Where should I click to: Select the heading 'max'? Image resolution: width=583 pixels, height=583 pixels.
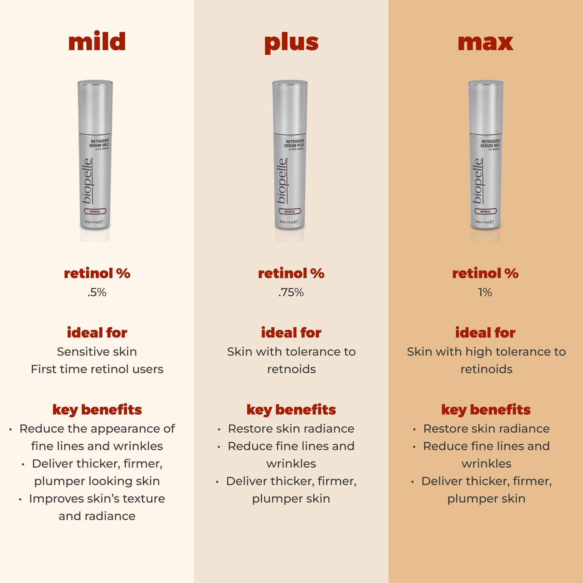[485, 43]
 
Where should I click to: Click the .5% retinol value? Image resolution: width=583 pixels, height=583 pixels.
[97, 292]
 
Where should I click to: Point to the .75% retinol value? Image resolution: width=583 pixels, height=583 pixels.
[291, 292]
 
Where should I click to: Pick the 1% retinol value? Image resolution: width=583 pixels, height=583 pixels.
[485, 292]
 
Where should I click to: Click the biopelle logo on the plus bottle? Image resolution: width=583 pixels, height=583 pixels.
[282, 181]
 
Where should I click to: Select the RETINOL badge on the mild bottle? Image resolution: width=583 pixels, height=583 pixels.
[95, 212]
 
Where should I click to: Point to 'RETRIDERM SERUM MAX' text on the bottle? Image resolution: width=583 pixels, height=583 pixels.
[490, 143]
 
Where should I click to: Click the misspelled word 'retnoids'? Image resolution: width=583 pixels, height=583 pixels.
[291, 369]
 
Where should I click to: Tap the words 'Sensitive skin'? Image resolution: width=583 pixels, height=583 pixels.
[97, 352]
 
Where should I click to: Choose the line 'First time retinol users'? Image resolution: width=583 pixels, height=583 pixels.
[97, 369]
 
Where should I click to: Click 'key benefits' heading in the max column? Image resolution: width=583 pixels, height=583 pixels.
[486, 410]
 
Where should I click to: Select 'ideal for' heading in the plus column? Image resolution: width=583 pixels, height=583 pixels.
[291, 333]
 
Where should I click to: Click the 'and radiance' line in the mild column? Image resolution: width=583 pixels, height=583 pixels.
[97, 516]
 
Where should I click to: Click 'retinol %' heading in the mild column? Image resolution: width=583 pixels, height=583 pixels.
[97, 273]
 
